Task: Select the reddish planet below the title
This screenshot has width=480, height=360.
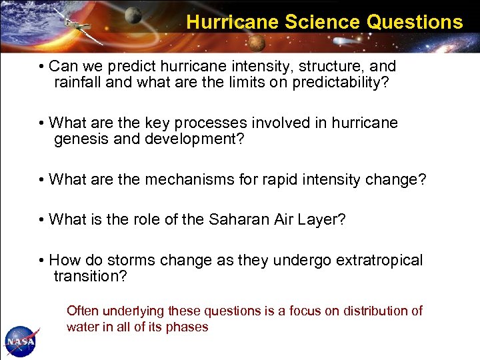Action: [257, 43]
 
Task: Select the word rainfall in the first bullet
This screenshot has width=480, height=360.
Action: [82, 83]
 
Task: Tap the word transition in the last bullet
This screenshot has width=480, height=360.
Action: [87, 276]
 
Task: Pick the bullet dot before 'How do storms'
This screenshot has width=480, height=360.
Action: [42, 261]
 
